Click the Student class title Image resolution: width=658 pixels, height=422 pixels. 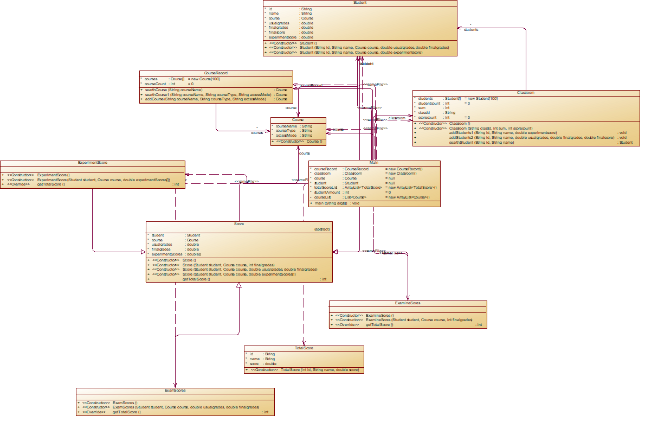359,3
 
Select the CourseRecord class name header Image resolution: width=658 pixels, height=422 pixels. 216,73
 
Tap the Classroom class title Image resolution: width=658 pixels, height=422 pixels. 526,93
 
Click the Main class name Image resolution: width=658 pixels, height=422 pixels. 374,163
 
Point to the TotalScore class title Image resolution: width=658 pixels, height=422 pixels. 304,348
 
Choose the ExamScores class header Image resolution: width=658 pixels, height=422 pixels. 175,391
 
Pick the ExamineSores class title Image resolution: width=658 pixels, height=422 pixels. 408,303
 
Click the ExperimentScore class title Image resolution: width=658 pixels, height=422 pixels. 92,163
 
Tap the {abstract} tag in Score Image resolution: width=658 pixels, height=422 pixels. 322,229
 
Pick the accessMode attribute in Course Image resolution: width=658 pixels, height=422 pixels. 287,136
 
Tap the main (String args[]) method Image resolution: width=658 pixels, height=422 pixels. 331,203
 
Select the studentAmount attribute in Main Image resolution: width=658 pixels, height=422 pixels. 327,193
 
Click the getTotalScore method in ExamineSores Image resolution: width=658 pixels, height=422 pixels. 379,325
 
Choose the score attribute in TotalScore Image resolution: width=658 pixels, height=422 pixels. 255,364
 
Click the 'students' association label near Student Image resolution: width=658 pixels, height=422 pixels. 470,29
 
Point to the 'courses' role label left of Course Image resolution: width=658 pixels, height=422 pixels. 256,132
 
